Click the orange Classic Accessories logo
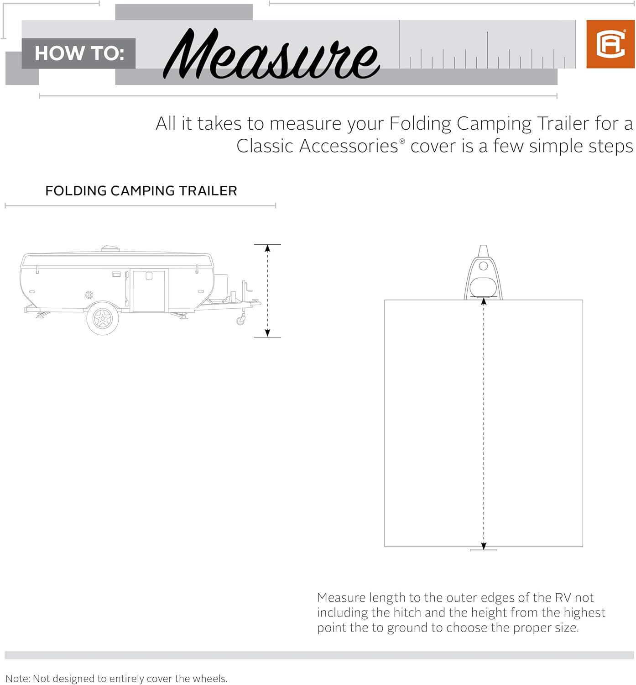tap(610, 44)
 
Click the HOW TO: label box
tap(78, 53)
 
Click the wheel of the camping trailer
tap(103, 318)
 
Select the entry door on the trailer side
tap(149, 290)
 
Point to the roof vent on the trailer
tap(109, 248)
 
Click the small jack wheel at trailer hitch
tap(240, 321)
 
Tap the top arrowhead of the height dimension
tap(267, 248)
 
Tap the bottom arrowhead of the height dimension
tap(267, 333)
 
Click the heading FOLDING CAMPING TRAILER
tap(141, 191)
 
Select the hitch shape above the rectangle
tap(483, 274)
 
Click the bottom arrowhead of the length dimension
tap(484, 546)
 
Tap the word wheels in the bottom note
tap(209, 679)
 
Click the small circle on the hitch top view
tap(484, 266)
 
